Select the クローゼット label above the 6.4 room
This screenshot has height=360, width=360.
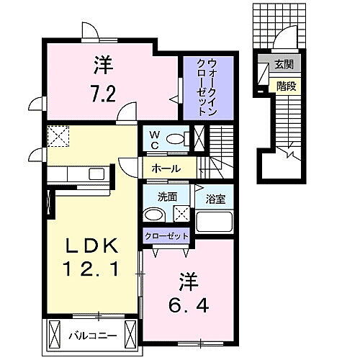point(167,235)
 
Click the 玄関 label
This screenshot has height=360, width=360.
point(283,66)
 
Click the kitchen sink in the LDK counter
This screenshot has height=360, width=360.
point(96,174)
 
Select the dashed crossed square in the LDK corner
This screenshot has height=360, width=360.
point(57,135)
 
